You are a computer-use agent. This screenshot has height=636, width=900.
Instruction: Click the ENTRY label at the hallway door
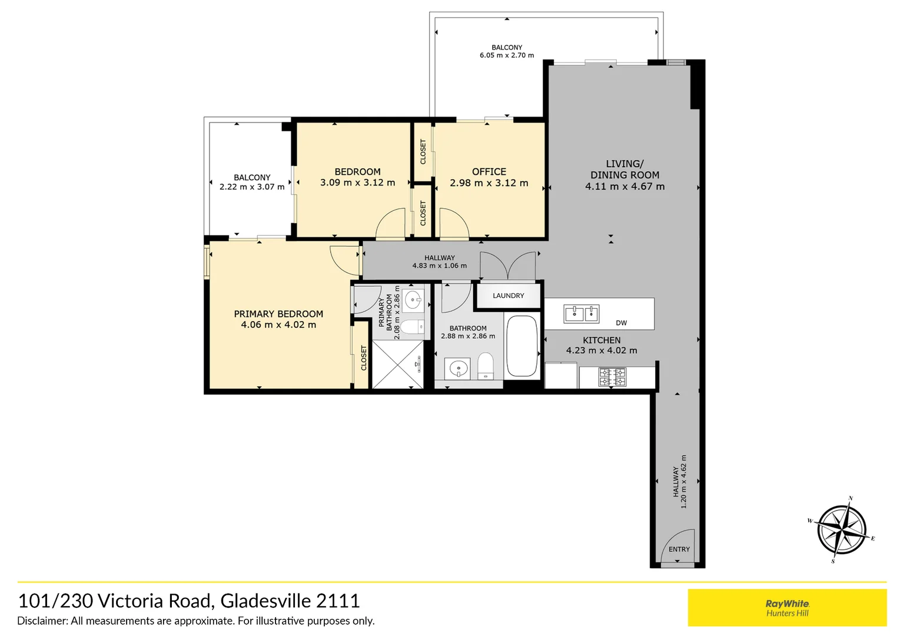(679, 549)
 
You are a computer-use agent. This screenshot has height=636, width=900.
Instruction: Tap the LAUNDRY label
(508, 296)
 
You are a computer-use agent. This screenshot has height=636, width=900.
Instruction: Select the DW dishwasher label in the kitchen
(621, 323)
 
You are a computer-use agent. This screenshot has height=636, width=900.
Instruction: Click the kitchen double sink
(581, 313)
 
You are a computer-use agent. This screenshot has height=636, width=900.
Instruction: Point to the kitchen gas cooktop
(612, 376)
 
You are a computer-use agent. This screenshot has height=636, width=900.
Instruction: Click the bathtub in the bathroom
(522, 346)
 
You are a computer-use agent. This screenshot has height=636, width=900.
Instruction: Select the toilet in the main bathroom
(485, 366)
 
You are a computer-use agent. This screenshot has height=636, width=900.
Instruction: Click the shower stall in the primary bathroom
(398, 364)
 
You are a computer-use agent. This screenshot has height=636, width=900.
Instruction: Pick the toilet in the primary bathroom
(413, 326)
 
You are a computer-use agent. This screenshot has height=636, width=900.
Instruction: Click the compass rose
(842, 529)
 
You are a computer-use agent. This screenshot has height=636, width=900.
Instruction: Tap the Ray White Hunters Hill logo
(787, 608)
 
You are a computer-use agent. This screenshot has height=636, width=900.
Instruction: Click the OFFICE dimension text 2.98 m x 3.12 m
(489, 183)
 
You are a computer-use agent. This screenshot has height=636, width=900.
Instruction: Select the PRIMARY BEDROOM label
(278, 314)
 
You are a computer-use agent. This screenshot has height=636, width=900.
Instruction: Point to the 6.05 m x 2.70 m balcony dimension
(507, 55)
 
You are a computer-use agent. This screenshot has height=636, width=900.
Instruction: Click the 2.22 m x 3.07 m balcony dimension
(252, 187)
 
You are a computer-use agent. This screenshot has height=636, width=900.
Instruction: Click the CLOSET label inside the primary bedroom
(364, 358)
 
